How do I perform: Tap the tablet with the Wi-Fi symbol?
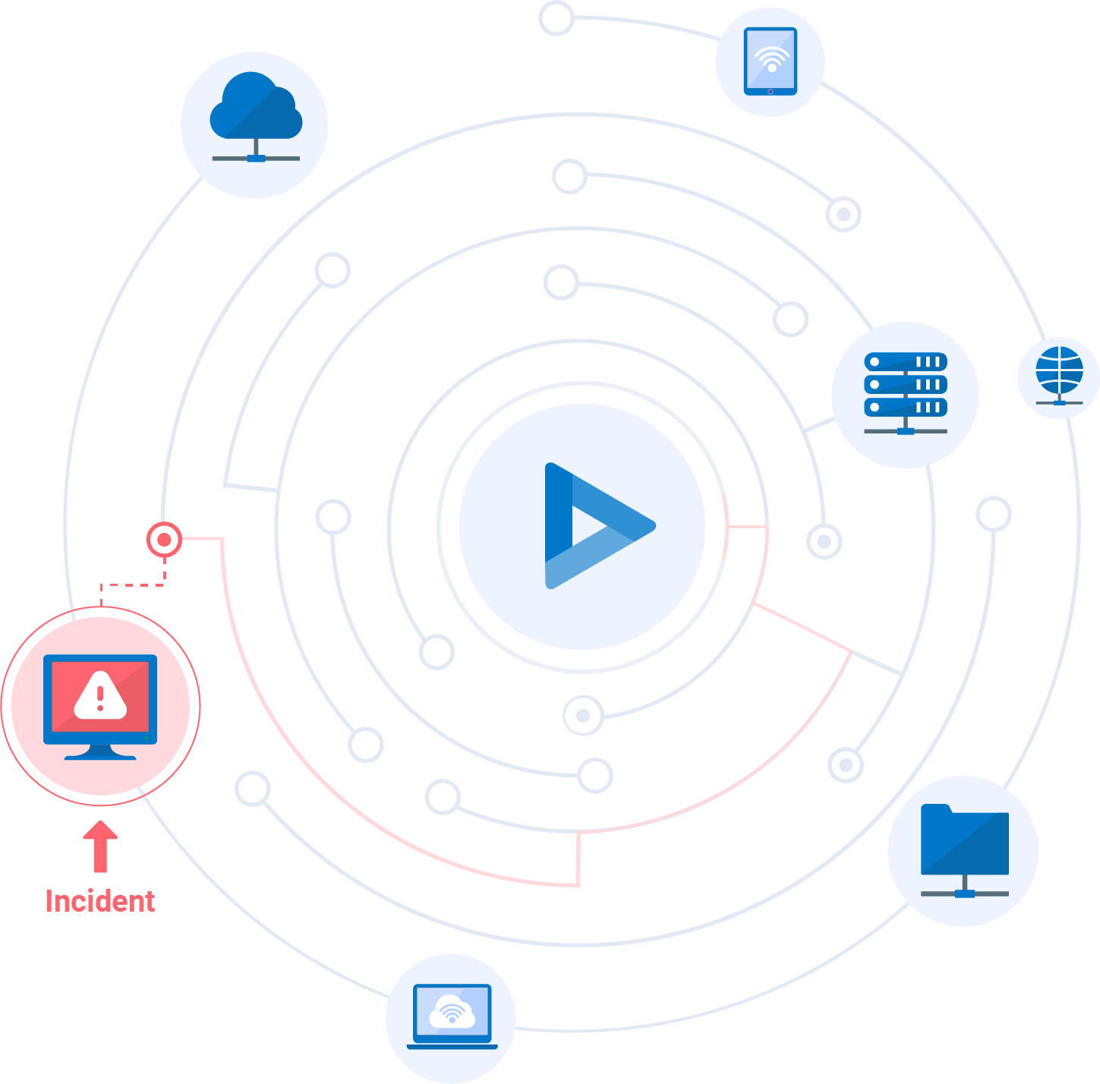(771, 61)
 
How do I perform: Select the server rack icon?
(905, 393)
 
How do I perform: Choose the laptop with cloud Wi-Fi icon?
(452, 1016)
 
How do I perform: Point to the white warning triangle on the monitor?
(100, 695)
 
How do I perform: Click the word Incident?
(100, 901)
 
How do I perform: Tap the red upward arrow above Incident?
(100, 846)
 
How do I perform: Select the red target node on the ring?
(164, 540)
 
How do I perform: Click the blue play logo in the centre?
(592, 525)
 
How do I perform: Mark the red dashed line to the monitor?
(133, 585)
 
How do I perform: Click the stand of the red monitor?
(100, 752)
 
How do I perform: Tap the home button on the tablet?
(771, 91)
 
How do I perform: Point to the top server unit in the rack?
(905, 362)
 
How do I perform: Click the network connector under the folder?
(964, 893)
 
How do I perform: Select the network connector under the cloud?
(256, 159)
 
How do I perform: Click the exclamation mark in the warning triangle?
(100, 696)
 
